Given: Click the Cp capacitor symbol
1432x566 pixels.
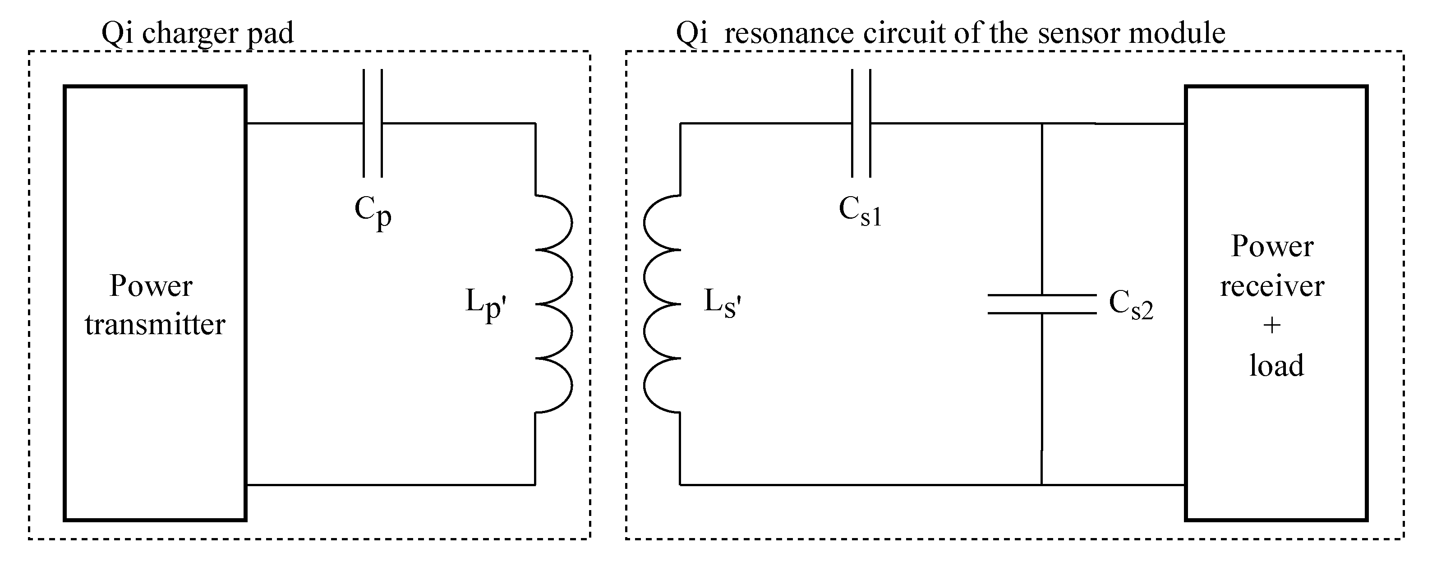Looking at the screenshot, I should pos(373,123).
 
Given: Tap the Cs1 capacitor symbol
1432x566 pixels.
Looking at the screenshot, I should pos(861,123).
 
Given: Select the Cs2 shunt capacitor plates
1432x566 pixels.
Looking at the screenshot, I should pos(1041,304).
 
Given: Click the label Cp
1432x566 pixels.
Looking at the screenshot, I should pos(373,212).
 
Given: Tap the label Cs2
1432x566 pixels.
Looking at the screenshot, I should pos(1131,305).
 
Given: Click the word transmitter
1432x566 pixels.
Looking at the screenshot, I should pos(155,324).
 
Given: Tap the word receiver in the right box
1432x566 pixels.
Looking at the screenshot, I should pos(1272,286).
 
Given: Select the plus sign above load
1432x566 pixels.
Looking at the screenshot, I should pos(1272,325).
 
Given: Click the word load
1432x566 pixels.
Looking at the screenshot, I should pos(1276,365).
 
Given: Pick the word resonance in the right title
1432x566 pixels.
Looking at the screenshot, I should pos(789,33).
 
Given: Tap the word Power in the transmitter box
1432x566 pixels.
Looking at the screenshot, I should pos(151,286).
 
